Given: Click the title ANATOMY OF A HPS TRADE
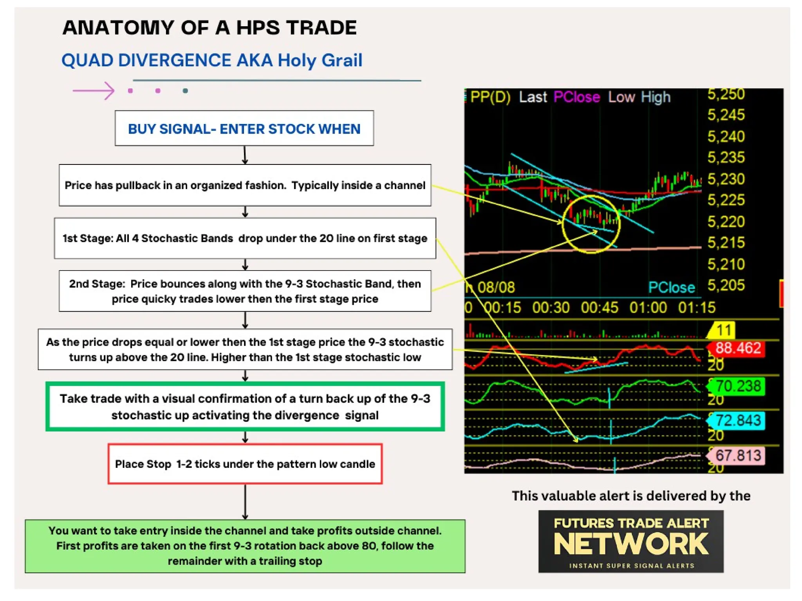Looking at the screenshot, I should pyautogui.click(x=210, y=28).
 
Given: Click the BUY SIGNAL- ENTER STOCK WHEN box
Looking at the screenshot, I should pyautogui.click(x=244, y=128).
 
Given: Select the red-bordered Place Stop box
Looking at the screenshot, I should pyautogui.click(x=245, y=464).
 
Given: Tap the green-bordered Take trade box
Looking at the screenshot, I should pyautogui.click(x=245, y=407).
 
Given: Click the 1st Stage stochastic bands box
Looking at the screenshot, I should pyautogui.click(x=245, y=238).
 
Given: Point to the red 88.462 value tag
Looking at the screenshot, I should pyautogui.click(x=737, y=348).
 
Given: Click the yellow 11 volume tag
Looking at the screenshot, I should pyautogui.click(x=723, y=330).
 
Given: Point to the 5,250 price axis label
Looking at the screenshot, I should pyautogui.click(x=726, y=94).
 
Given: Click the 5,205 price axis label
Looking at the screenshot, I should pyautogui.click(x=726, y=285).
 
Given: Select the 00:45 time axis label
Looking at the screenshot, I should pyautogui.click(x=599, y=308).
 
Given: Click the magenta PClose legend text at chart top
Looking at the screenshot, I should pyautogui.click(x=576, y=97).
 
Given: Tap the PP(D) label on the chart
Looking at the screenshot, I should pyautogui.click(x=490, y=97).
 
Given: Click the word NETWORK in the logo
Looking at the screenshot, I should pyautogui.click(x=631, y=544).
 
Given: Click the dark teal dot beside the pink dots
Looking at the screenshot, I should pyautogui.click(x=185, y=91).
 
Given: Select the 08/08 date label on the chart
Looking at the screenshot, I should pyautogui.click(x=496, y=288).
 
